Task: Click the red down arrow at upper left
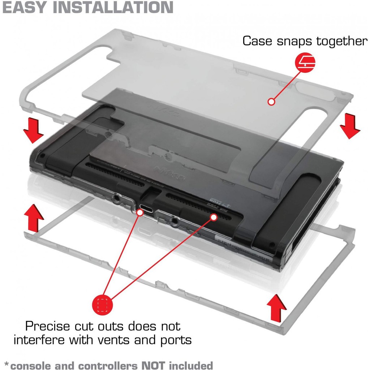click(x=33, y=130)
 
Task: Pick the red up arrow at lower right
click(x=276, y=307)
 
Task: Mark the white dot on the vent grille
click(x=214, y=217)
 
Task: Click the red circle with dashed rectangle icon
click(x=103, y=304)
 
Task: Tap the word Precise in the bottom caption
click(x=48, y=326)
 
